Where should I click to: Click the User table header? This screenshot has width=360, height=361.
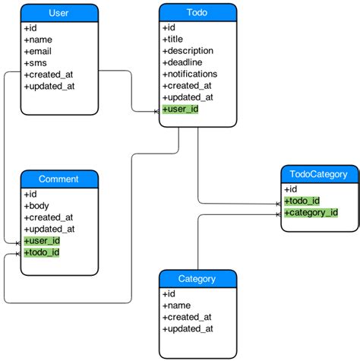click(x=58, y=13)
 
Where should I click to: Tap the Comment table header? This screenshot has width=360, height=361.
click(x=58, y=179)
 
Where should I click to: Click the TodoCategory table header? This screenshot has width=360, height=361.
click(x=318, y=174)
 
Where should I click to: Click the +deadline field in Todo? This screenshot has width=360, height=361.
click(x=183, y=62)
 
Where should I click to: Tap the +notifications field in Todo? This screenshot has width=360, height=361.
click(x=190, y=74)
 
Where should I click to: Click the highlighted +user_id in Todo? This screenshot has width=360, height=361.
click(x=181, y=109)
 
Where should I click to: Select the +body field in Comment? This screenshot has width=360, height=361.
click(x=37, y=206)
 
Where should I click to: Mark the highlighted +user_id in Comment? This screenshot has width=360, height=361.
click(x=43, y=241)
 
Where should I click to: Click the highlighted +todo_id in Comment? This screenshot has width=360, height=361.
click(x=43, y=252)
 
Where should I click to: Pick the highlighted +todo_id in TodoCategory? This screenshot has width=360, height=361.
click(x=302, y=201)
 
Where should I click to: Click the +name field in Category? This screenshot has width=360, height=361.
click(x=177, y=306)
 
